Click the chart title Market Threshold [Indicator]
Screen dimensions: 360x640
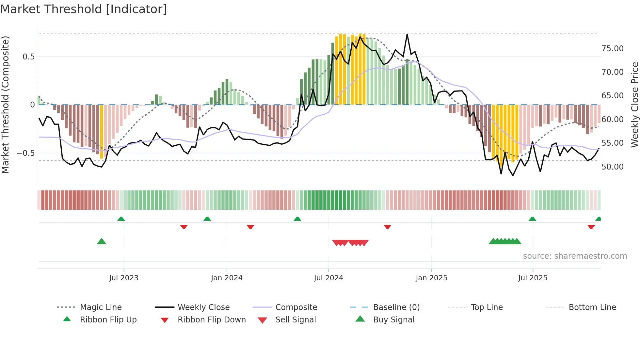pyautogui.click(x=84, y=9)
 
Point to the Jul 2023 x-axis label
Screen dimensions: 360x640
pyautogui.click(x=124, y=278)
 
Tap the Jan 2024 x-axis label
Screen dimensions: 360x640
pyautogui.click(x=227, y=278)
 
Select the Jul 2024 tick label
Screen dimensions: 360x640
pyautogui.click(x=328, y=278)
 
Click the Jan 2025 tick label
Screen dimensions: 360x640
pyautogui.click(x=431, y=278)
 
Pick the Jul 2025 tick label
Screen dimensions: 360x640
pyautogui.click(x=533, y=278)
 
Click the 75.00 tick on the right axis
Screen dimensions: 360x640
pyautogui.click(x=613, y=49)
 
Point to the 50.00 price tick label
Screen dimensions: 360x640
pyautogui.click(x=613, y=167)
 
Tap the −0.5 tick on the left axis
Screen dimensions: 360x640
pyautogui.click(x=25, y=153)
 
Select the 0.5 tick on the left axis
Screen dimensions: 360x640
pyautogui.click(x=28, y=57)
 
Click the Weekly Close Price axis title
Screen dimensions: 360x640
pyautogui.click(x=634, y=105)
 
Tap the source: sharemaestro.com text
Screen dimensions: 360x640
pyautogui.click(x=575, y=256)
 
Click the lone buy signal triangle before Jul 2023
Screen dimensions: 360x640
pyautogui.click(x=102, y=241)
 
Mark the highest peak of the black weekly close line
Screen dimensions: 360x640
pyautogui.click(x=407, y=34)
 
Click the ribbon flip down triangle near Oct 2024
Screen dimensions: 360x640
pyautogui.click(x=388, y=227)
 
